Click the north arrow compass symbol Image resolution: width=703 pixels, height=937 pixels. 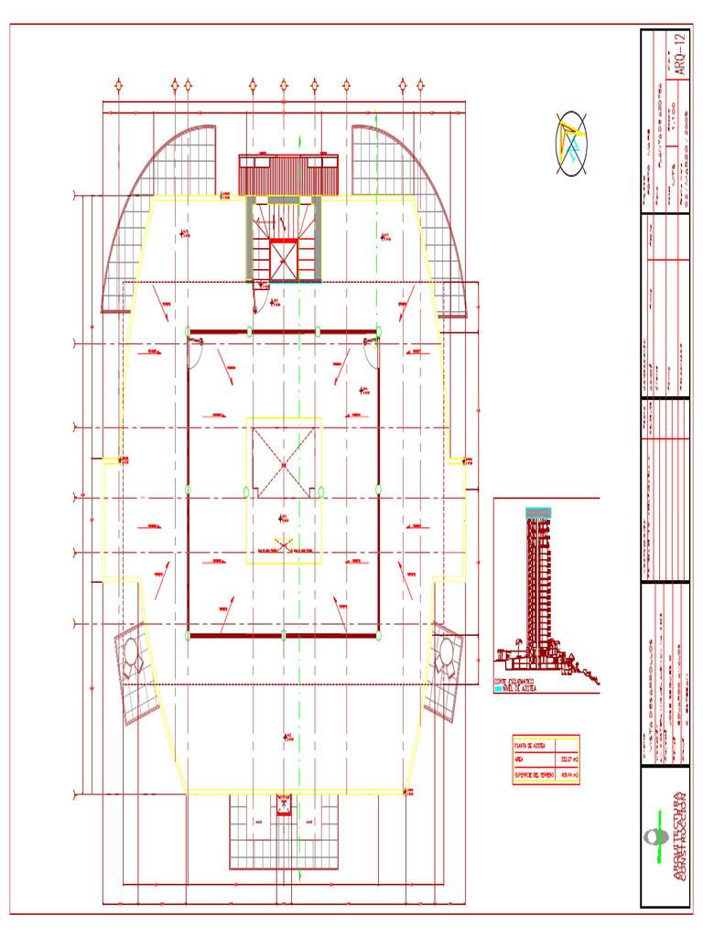571,144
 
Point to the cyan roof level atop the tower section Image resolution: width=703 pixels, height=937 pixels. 538,512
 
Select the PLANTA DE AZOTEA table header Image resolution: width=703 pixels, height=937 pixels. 530,745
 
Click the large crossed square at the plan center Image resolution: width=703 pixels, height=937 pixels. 284,464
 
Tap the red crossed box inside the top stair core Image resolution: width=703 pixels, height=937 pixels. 284,259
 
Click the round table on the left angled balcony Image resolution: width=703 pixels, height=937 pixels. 130,654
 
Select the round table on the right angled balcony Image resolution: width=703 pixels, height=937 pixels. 446,652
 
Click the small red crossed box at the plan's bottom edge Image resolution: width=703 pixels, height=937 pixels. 283,804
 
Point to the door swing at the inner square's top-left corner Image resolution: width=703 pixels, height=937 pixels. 196,352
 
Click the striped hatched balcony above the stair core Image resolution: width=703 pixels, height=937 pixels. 288,175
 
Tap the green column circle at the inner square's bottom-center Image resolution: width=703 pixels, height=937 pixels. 284,634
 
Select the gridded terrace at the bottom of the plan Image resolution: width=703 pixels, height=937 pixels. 284,833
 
